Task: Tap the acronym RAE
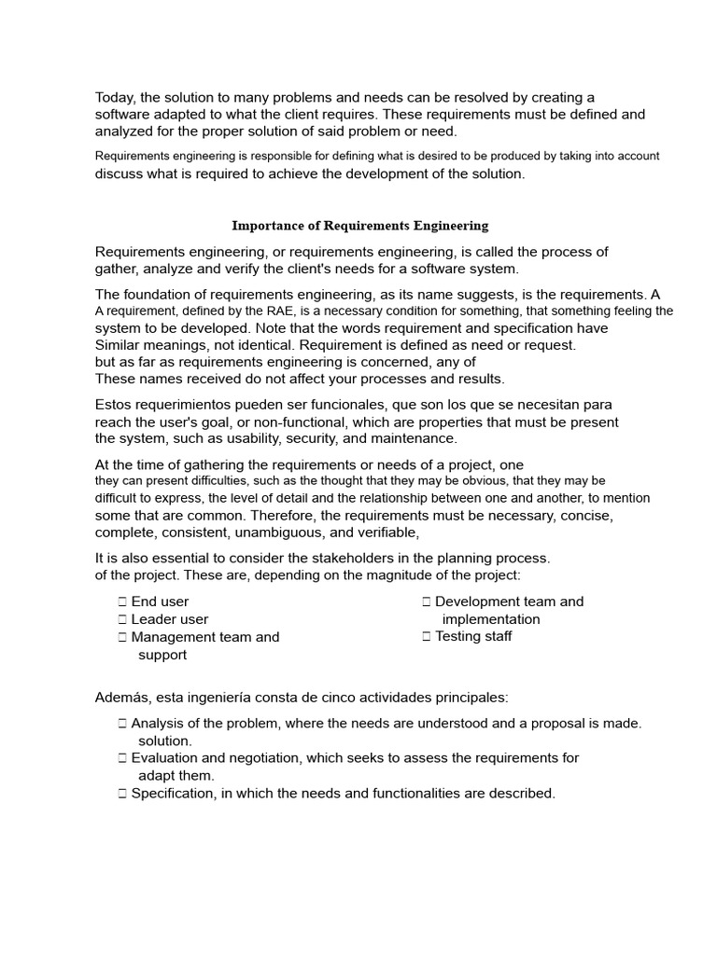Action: coord(290,311)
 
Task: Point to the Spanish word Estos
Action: coord(114,405)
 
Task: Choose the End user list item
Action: coord(160,602)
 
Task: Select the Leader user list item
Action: coord(169,619)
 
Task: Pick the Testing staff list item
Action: coord(473,637)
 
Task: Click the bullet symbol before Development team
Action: coord(426,602)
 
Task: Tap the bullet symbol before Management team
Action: coord(122,638)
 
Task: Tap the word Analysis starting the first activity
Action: coord(158,723)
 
